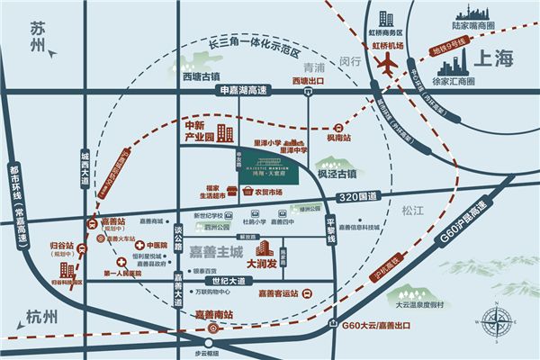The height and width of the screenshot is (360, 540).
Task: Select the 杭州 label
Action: (x=40, y=316)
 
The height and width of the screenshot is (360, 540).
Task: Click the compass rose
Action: (x=494, y=321)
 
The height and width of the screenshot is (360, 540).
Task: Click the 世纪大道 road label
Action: (x=222, y=281)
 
